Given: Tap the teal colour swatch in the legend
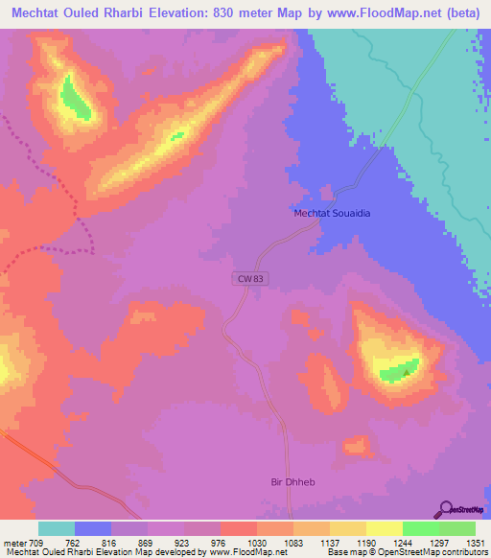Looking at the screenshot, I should pyautogui.click(x=57, y=528).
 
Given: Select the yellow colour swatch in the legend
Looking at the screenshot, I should pyautogui.click(x=384, y=528).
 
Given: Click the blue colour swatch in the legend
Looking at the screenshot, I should pyautogui.click(x=93, y=528).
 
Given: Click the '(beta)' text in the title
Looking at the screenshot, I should pyautogui.click(x=462, y=11).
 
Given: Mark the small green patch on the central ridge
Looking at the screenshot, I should pyautogui.click(x=177, y=135).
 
